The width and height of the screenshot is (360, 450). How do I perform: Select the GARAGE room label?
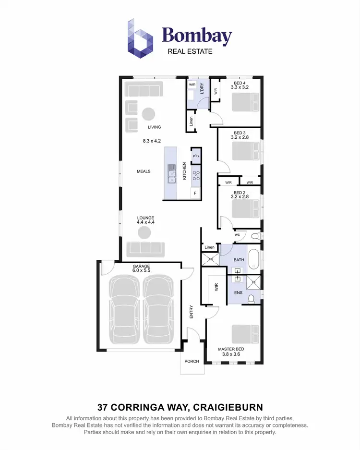click(142, 266)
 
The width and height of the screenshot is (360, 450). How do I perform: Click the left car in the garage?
click(124, 310)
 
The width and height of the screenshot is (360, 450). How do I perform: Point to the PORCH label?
click(192, 361)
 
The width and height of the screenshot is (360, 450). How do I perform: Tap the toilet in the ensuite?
click(251, 299)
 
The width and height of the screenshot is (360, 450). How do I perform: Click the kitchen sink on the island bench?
click(171, 174)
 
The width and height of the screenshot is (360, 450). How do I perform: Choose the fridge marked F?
click(195, 193)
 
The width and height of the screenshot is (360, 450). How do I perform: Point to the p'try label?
click(196, 156)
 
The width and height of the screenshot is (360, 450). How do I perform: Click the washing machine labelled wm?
click(192, 85)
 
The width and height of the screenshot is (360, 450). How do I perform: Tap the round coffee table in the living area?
click(148, 114)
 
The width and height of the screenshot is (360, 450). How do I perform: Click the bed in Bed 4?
click(246, 102)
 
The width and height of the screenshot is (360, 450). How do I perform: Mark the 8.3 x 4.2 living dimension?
click(152, 141)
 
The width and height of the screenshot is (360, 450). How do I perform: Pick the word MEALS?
click(144, 171)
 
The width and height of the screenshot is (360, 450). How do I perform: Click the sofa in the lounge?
click(145, 249)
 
